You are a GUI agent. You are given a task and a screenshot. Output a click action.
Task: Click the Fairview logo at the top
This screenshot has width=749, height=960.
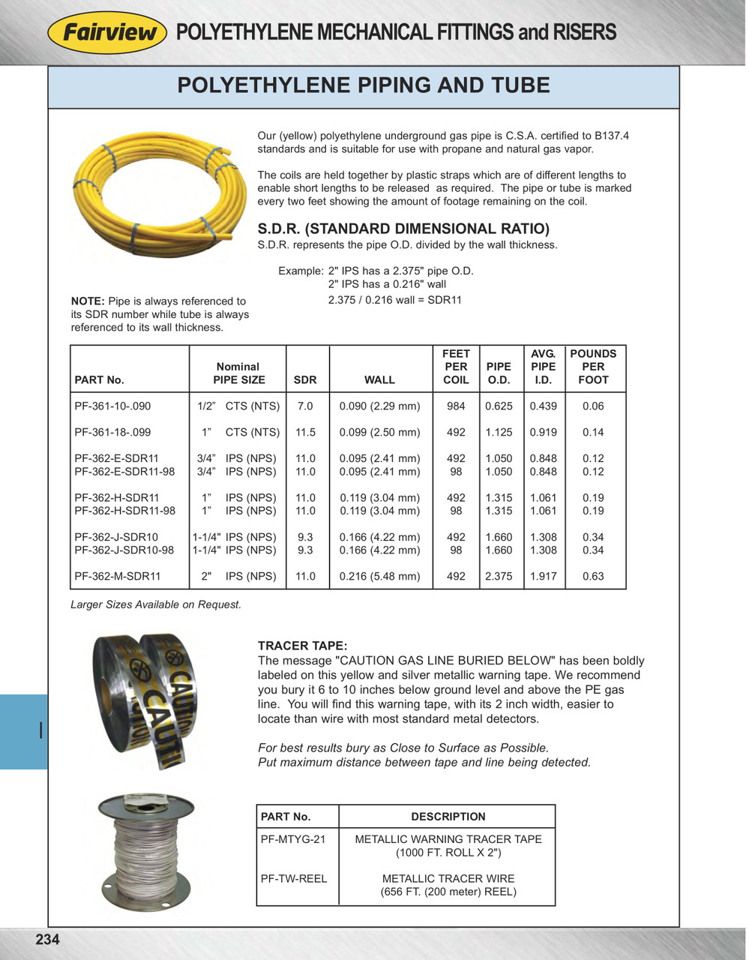point(107,32)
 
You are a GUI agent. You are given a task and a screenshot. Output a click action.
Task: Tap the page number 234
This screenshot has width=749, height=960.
point(47,939)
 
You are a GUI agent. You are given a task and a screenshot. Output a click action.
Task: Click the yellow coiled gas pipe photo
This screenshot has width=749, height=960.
point(160,193)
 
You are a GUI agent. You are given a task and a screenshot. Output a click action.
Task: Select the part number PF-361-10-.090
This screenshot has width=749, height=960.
point(112,406)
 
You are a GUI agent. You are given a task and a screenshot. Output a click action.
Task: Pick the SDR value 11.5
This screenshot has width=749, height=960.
point(305,433)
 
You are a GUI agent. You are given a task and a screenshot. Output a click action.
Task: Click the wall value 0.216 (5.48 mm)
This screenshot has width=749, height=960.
point(379,577)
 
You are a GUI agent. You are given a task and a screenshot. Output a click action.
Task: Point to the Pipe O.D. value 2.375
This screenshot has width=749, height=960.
point(499,577)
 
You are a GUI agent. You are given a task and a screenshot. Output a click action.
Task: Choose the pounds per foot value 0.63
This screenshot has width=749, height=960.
point(593,577)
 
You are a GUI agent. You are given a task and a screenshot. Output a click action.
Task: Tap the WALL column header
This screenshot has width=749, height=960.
point(379,379)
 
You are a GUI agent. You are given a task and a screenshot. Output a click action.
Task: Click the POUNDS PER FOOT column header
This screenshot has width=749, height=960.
point(593,367)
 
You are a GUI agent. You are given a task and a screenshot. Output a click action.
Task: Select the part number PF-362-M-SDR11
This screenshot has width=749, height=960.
point(118,577)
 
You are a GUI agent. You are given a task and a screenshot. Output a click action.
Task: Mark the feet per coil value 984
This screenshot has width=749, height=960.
point(456,406)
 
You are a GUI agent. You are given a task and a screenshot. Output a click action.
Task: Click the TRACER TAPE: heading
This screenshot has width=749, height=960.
point(302,646)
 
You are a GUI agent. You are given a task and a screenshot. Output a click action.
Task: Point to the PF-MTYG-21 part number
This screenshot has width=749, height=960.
point(293,839)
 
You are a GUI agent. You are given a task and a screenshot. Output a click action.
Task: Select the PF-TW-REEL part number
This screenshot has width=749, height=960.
point(294,878)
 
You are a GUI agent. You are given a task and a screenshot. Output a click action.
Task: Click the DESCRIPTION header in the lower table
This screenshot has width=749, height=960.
point(448,817)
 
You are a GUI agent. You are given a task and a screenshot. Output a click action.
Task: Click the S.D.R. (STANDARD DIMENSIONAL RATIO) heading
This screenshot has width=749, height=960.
point(403,229)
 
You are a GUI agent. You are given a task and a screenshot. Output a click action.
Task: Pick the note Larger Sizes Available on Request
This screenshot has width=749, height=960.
point(156,604)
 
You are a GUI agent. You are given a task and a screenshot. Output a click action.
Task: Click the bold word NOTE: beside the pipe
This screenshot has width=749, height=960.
point(87,301)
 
